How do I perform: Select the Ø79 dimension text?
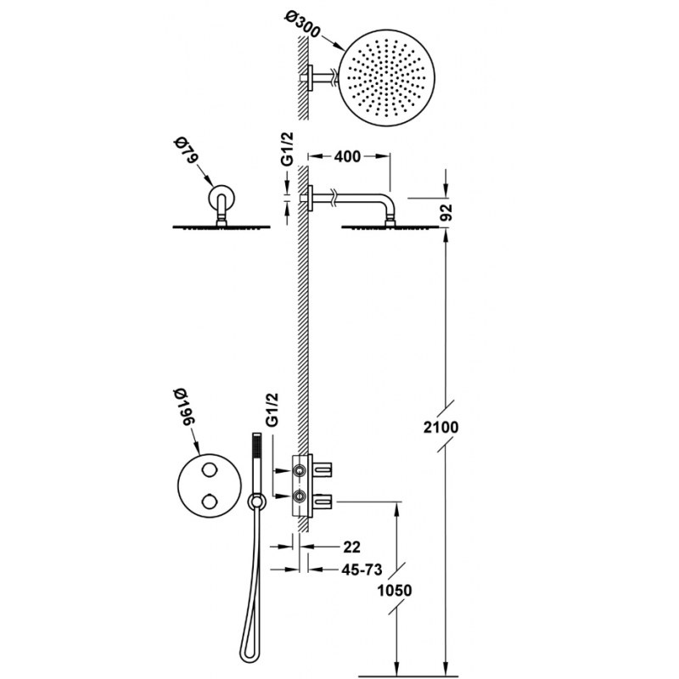[x=184, y=151]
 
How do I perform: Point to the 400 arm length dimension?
[x=347, y=156]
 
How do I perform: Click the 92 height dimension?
[x=446, y=211]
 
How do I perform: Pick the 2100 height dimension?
[x=441, y=428]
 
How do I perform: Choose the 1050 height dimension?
[x=395, y=590]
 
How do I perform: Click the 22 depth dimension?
[x=351, y=547]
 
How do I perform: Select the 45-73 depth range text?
[x=362, y=570]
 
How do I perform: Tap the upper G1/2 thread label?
[x=287, y=149]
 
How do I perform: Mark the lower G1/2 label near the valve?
[x=272, y=410]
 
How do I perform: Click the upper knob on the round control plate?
[x=209, y=469]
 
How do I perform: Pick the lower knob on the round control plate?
[x=209, y=502]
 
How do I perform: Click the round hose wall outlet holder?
[x=256, y=502]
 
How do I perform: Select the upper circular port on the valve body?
[x=300, y=470]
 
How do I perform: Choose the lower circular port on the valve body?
[x=300, y=496]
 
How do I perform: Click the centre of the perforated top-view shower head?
[x=387, y=77]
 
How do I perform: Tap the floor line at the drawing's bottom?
[x=408, y=674]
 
